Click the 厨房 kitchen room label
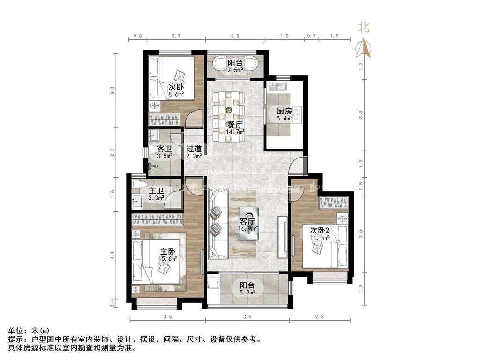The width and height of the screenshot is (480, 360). pyautogui.click(x=284, y=111)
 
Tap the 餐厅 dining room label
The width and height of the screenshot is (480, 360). pyautogui.click(x=234, y=125)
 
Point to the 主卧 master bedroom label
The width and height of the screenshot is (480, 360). pyautogui.click(x=168, y=251)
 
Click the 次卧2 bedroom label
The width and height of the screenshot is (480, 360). pyautogui.click(x=321, y=230)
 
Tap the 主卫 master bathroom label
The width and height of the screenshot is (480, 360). pyautogui.click(x=156, y=191)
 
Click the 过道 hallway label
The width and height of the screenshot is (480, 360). pyautogui.click(x=194, y=149)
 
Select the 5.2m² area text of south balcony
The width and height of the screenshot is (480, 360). pyautogui.click(x=247, y=293)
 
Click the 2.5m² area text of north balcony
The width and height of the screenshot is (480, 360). pyautogui.click(x=235, y=70)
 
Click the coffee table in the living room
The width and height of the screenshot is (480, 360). pyautogui.click(x=247, y=224)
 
